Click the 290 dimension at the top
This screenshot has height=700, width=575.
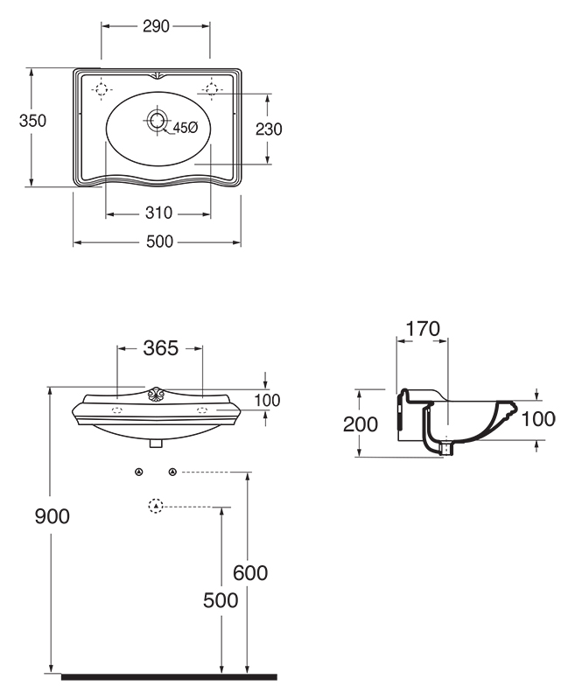point(157,26)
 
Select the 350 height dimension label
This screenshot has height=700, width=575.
point(32,121)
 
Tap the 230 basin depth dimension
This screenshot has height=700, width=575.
point(269,129)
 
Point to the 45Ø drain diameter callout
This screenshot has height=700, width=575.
point(185,128)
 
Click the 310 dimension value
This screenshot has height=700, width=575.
point(159,213)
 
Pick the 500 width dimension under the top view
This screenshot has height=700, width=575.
point(159,241)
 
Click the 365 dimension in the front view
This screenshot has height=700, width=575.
point(161,347)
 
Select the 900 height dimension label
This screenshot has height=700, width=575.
point(53,516)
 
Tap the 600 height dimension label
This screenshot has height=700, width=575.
point(250,573)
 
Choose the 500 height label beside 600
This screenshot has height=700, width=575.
point(221,600)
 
